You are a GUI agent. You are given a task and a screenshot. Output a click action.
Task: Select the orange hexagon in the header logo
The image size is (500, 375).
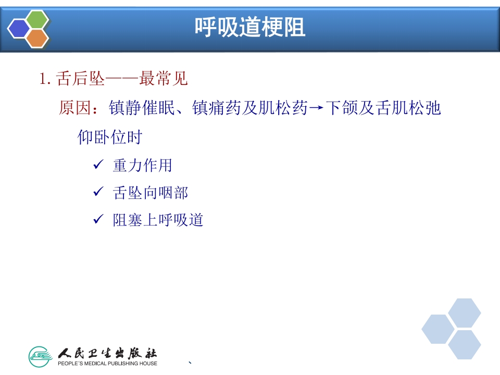coord(37,37)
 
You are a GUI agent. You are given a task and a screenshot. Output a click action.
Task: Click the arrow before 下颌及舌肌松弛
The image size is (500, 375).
coord(316,109)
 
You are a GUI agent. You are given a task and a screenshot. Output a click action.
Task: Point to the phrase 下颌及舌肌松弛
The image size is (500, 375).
coord(383,108)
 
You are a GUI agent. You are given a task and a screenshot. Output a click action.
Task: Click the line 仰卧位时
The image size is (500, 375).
coord(110,137)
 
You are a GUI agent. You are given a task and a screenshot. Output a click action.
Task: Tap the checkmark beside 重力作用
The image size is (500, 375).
coord(98,165)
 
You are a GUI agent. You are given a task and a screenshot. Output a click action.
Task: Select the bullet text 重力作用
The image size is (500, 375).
coord(142,166)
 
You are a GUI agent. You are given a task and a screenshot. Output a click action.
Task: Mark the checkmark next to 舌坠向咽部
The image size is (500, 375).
coord(98,192)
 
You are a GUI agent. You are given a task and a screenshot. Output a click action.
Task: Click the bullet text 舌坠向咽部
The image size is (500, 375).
coord(150,193)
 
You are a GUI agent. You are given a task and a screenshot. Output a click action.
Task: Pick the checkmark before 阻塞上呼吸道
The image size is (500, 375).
coord(98,220)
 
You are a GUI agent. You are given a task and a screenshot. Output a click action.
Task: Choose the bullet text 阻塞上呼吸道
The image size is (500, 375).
coord(158,220)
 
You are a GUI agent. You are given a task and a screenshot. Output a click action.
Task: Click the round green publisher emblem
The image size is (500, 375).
coord(41,357)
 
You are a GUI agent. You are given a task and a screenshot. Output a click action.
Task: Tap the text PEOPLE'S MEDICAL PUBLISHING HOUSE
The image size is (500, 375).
coord(107,363)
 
